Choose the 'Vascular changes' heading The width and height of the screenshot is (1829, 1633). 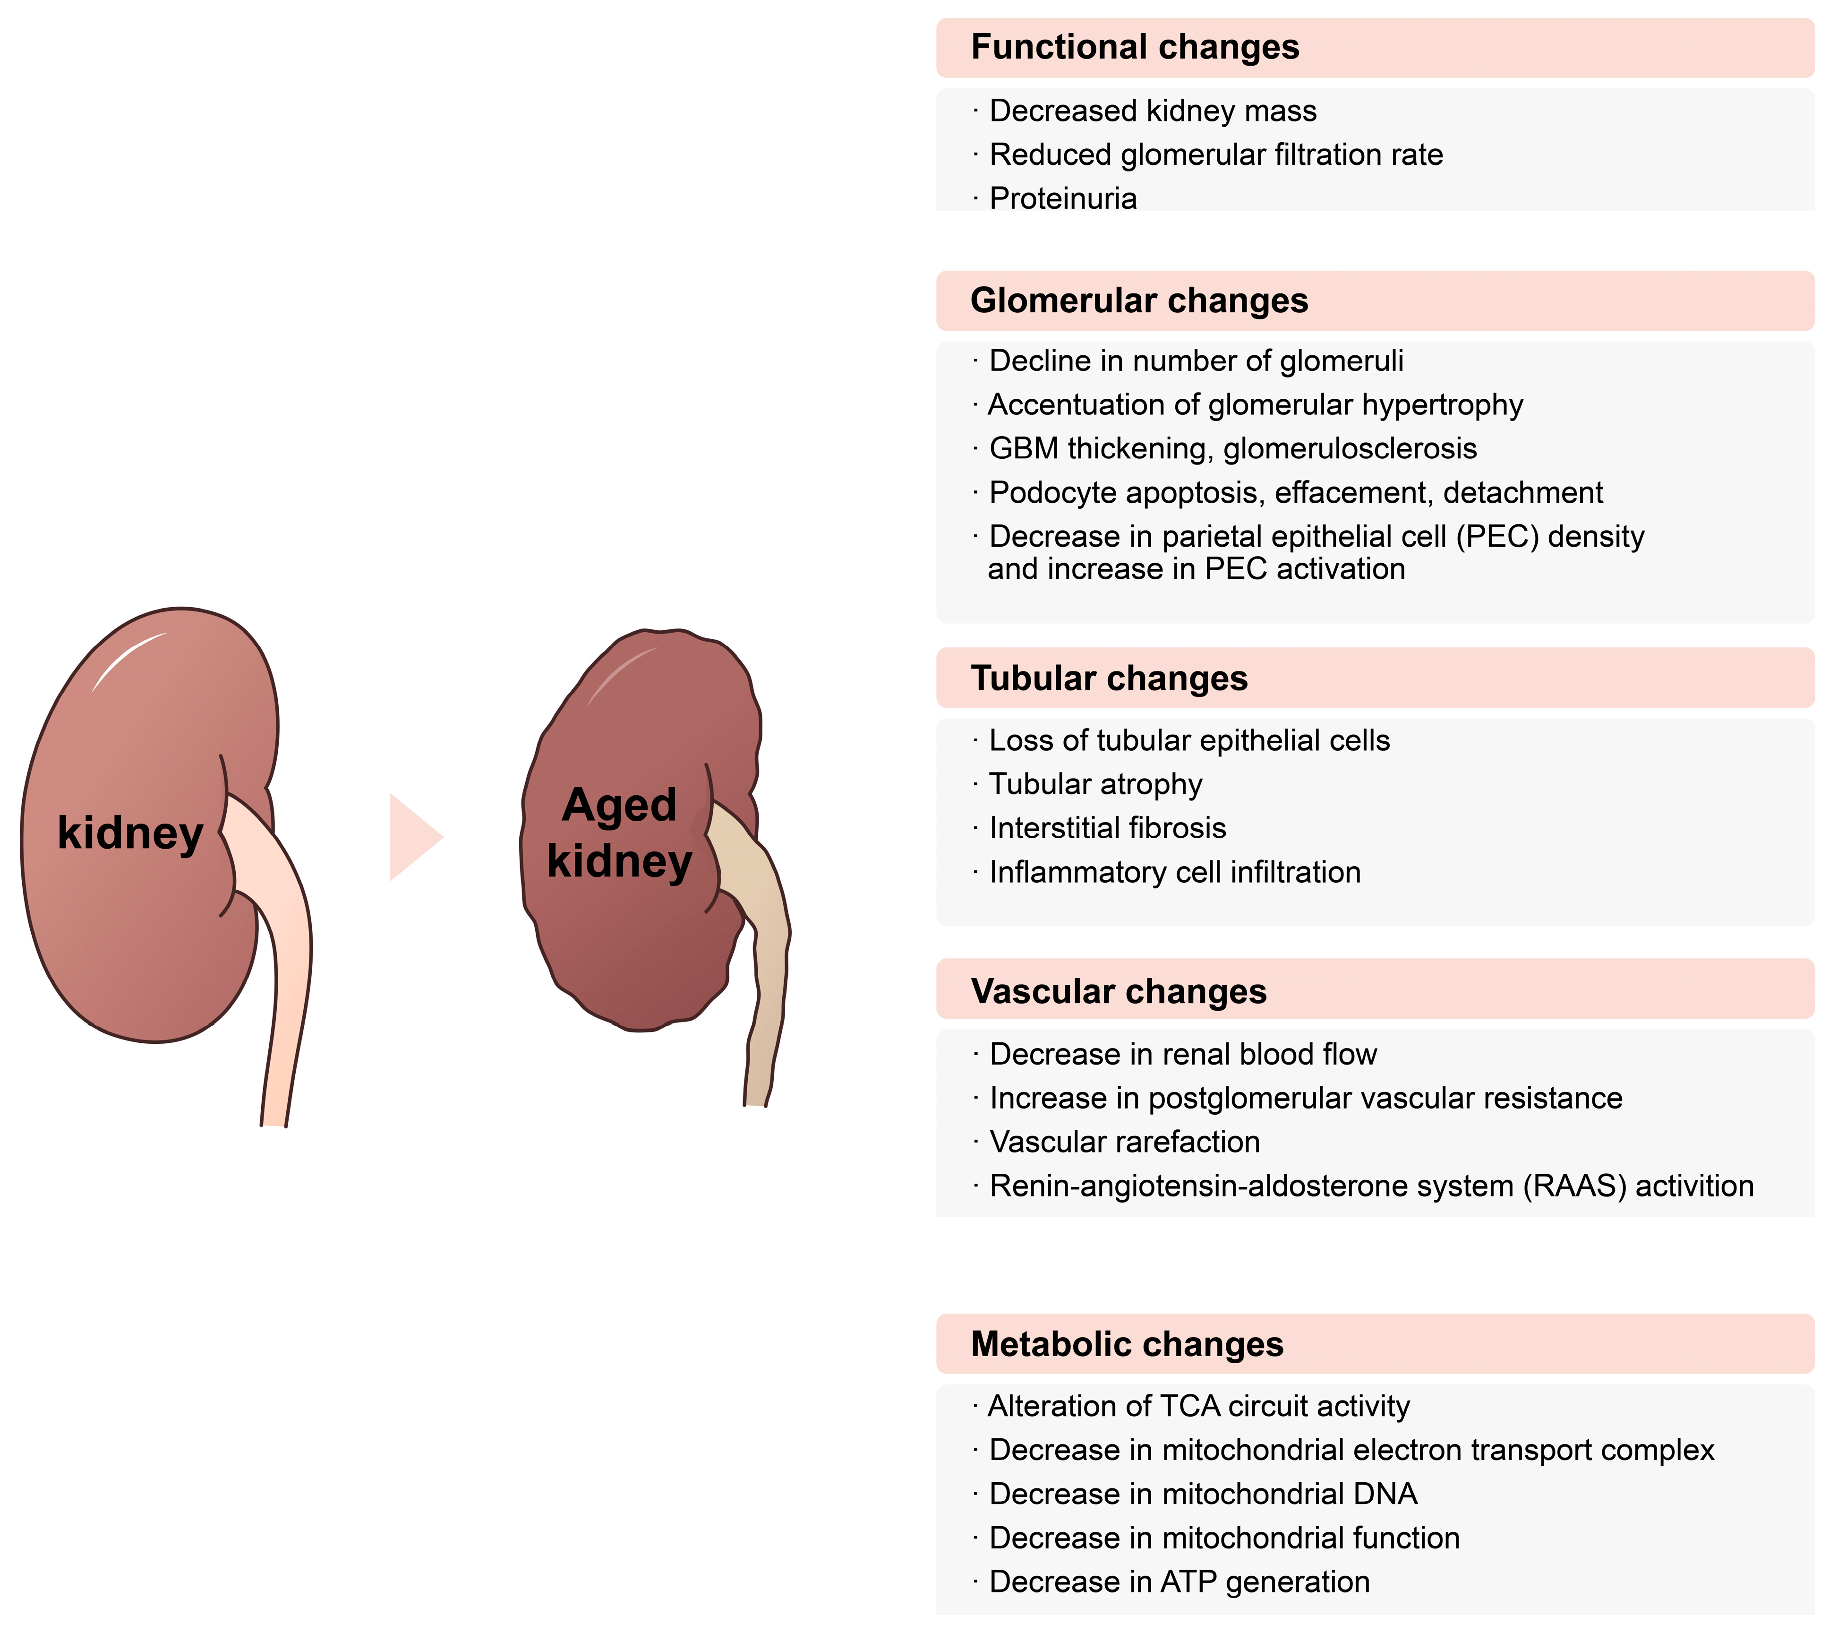point(1119,991)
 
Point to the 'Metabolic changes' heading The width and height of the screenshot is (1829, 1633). point(1127,1344)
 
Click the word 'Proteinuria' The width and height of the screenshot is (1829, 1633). point(1063,198)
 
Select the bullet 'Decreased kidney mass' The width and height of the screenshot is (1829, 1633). point(1153,111)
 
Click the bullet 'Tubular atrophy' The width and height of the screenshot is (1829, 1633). point(1095,784)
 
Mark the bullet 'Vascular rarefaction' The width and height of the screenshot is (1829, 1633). point(1124,1142)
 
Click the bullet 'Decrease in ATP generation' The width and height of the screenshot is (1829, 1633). point(1179,1582)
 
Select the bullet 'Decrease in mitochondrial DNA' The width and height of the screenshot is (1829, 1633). point(1203,1494)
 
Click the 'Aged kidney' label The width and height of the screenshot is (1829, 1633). point(619,833)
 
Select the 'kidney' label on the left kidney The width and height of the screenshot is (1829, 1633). point(130,833)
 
